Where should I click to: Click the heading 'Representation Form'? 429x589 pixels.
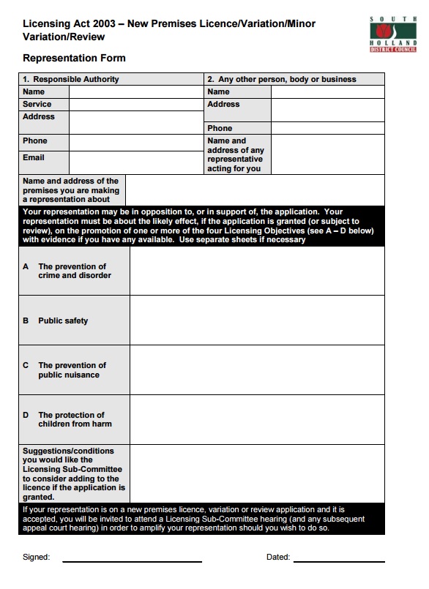(74, 58)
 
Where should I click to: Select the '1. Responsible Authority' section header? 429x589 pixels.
(70, 79)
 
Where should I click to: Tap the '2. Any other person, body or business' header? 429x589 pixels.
(282, 79)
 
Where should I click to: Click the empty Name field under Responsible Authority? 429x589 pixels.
(135, 92)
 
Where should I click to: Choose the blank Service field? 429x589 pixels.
(135, 105)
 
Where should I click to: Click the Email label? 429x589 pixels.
(34, 157)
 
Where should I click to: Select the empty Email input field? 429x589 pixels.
(135, 161)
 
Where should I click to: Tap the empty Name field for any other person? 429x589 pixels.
(327, 92)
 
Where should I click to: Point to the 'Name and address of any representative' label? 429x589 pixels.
(236, 154)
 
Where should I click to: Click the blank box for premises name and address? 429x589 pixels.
(255, 190)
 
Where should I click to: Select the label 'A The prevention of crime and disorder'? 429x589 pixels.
(73, 271)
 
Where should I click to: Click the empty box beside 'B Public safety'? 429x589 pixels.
(256, 320)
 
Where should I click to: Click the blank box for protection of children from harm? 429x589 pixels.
(256, 419)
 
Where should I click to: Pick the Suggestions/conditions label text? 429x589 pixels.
(73, 473)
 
